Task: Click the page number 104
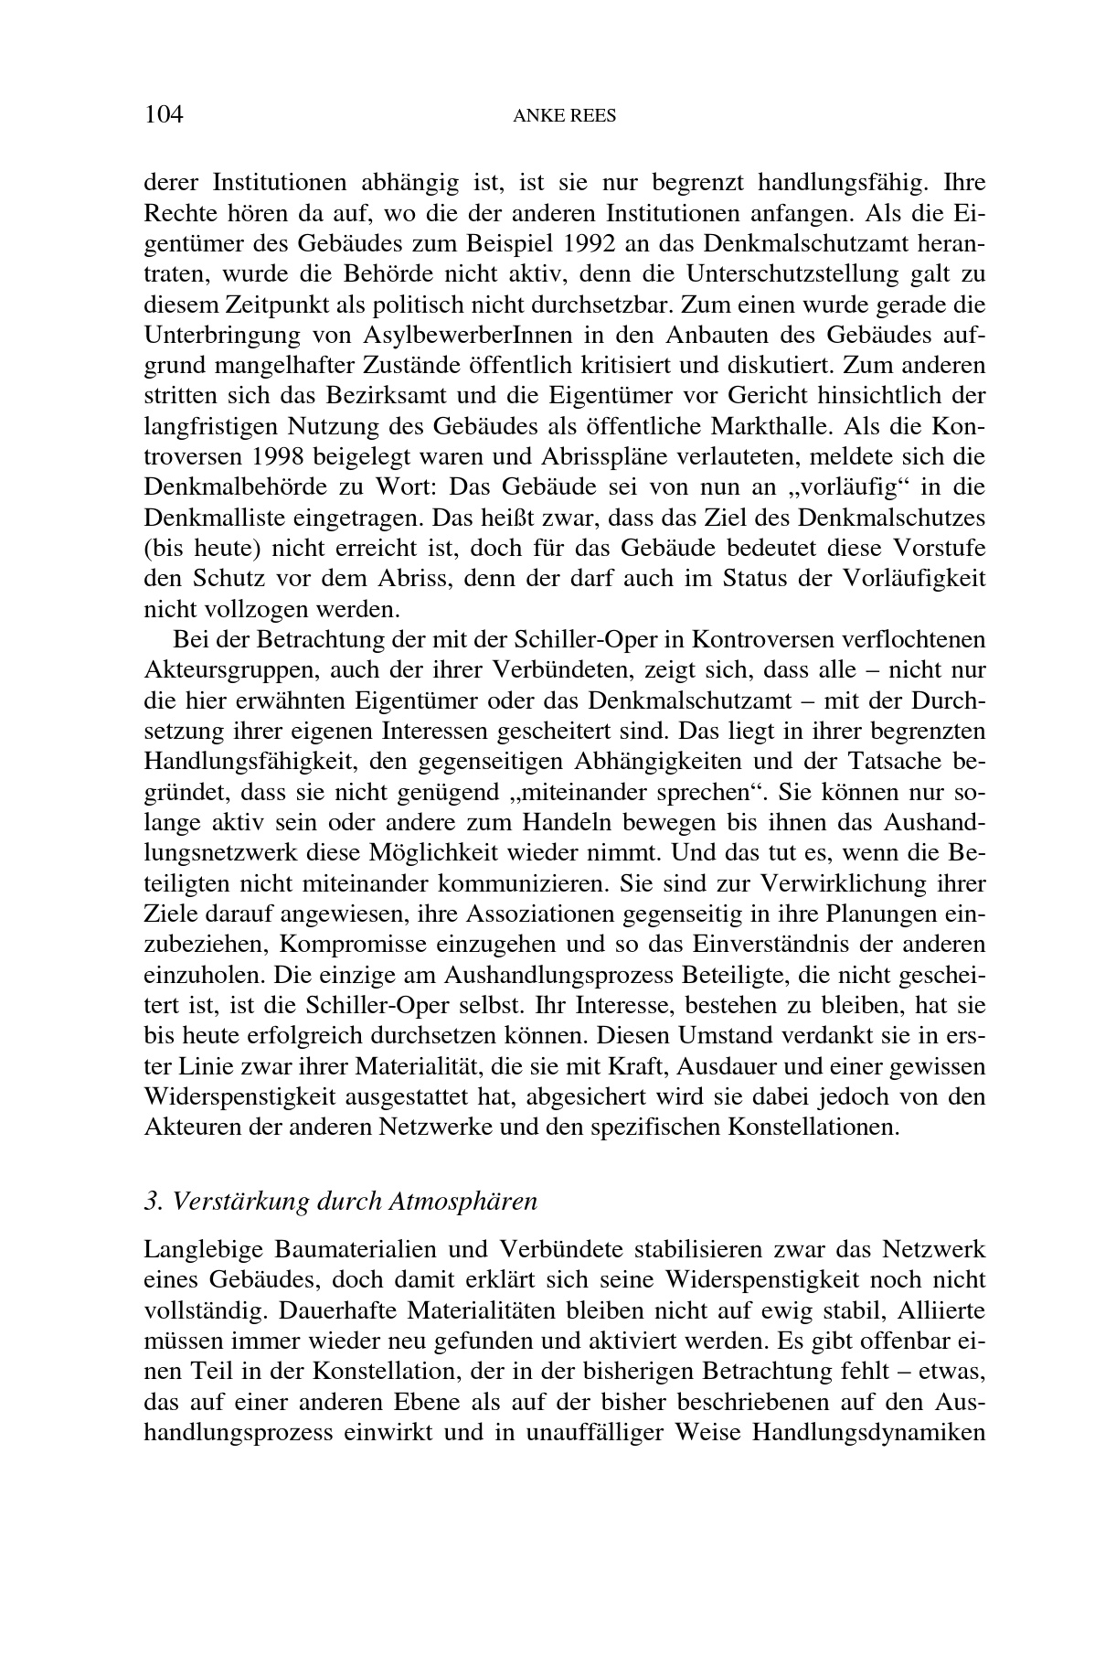point(165,114)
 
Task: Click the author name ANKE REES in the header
point(564,116)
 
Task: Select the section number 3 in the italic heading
point(150,1201)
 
